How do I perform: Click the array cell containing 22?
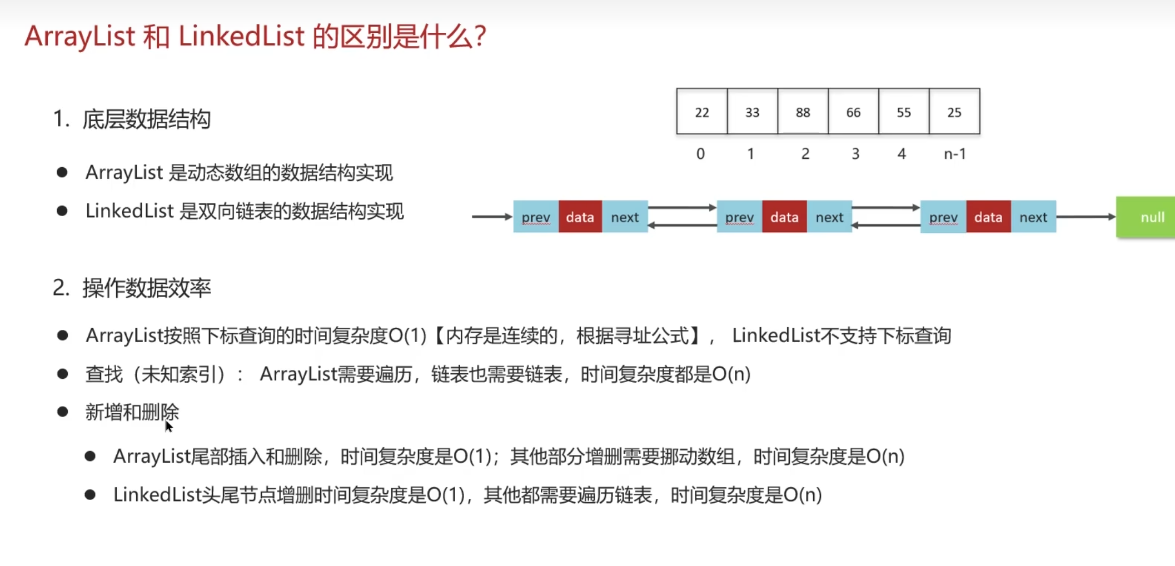[702, 111]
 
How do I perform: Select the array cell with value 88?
[803, 111]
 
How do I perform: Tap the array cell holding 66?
[854, 111]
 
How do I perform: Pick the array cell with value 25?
[954, 111]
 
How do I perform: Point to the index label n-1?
[955, 154]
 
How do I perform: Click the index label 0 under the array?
[700, 154]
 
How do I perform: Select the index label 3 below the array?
[855, 154]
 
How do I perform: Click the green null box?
[1146, 217]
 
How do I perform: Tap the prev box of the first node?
[536, 217]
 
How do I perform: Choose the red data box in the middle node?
[784, 217]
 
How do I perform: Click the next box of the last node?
[1033, 217]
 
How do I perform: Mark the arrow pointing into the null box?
[1086, 217]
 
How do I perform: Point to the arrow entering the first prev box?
[492, 217]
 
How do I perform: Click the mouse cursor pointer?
[169, 427]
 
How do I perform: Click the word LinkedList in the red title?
[242, 37]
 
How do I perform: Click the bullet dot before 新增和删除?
[63, 412]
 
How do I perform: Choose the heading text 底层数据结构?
[147, 119]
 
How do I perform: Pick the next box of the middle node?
[829, 217]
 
